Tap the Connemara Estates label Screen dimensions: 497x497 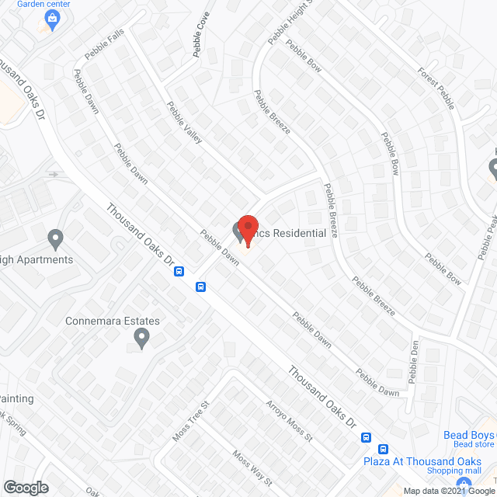click(x=113, y=321)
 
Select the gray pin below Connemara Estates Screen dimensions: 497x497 click(x=141, y=339)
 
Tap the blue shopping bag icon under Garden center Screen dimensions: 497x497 click(x=53, y=22)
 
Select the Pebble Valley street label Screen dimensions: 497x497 click(x=185, y=122)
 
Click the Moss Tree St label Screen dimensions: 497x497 click(x=192, y=422)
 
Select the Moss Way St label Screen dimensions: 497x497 click(x=252, y=468)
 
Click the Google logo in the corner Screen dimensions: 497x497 click(x=26, y=487)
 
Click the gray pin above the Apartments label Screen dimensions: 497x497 click(x=55, y=238)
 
